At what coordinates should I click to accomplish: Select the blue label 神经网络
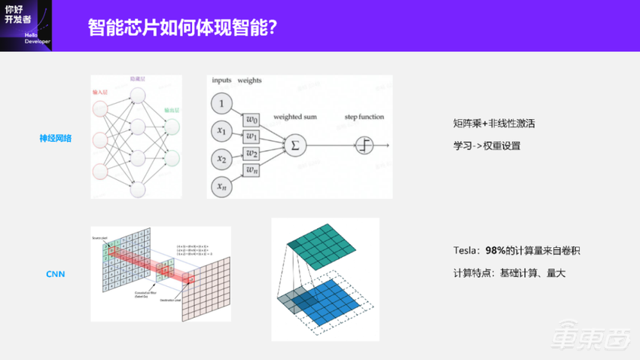coord(56,138)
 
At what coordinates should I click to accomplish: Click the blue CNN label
coord(56,274)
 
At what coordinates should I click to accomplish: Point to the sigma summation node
coord(294,144)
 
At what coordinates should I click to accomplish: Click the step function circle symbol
coord(365,145)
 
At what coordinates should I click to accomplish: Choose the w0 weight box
coord(252,120)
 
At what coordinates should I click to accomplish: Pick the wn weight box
coord(252,171)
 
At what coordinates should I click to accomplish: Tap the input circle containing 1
coord(222,103)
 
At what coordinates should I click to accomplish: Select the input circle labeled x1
coord(222,131)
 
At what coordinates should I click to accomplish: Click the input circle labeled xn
coord(222,186)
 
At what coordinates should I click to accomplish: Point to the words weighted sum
coord(295,117)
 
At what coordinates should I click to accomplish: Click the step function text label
coord(364,117)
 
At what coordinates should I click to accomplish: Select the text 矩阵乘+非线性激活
coord(489,122)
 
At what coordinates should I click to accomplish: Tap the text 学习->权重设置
coord(486,145)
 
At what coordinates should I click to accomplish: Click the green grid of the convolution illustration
coord(325,243)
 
